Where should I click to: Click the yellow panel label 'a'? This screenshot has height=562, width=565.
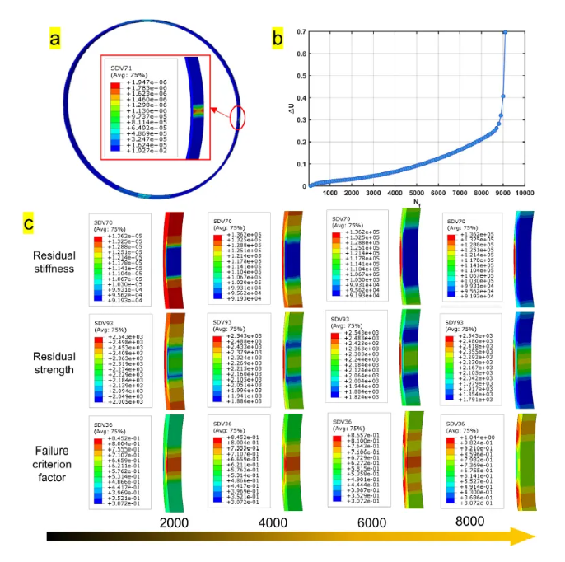tap(55, 38)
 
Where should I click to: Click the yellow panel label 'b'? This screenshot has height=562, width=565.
tap(278, 37)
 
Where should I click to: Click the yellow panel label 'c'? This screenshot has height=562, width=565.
tap(29, 222)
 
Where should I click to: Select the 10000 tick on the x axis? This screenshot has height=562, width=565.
tap(545, 194)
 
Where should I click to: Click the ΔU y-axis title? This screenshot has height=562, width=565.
tap(289, 108)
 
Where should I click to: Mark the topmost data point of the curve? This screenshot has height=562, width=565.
tap(504, 32)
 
